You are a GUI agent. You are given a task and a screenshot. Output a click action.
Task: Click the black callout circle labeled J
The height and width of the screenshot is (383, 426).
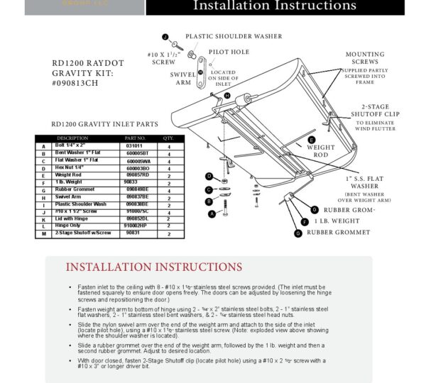point(165,36)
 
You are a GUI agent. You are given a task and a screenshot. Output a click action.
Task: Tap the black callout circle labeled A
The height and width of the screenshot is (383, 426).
point(211,213)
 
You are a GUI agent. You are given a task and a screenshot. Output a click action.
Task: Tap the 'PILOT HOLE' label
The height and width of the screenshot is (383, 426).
point(229,52)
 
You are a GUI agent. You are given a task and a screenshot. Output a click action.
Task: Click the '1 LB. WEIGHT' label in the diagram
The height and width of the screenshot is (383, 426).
point(336,221)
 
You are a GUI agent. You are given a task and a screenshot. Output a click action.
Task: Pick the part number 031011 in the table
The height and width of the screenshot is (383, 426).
point(135,145)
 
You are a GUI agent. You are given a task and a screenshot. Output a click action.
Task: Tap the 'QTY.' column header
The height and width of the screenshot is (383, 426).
point(169,138)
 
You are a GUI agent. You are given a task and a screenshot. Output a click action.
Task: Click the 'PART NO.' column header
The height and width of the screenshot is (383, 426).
point(135,138)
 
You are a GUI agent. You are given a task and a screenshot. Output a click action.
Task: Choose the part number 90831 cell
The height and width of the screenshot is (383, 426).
point(133,233)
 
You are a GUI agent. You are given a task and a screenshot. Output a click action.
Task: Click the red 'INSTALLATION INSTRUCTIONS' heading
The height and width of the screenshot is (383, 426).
point(154,267)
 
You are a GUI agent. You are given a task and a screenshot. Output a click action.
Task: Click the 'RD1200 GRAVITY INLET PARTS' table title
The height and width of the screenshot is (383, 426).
point(105,124)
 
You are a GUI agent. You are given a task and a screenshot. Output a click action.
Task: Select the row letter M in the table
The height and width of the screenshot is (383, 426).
point(43,233)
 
